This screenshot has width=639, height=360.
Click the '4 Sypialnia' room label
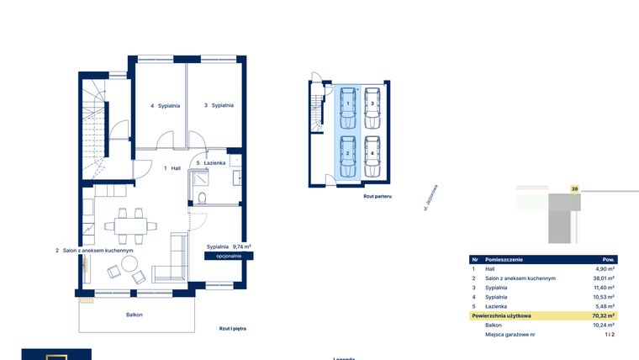point(164,106)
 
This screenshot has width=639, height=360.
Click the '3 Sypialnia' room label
point(218,106)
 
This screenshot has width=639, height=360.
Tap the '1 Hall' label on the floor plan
point(172,168)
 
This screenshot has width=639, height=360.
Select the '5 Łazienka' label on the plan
point(210,162)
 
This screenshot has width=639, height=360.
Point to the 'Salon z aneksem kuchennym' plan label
point(94,250)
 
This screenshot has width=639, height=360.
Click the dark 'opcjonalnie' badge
point(229,255)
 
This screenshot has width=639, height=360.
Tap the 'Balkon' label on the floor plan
point(134,315)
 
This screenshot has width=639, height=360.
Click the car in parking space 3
point(372,103)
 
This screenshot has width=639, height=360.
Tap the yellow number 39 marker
point(575,189)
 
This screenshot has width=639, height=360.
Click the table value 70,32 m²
point(604,315)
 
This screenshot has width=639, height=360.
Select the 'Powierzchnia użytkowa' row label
point(502,315)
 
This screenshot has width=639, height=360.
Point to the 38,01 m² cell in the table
point(604,278)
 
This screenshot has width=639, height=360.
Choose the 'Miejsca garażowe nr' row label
point(512,334)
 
